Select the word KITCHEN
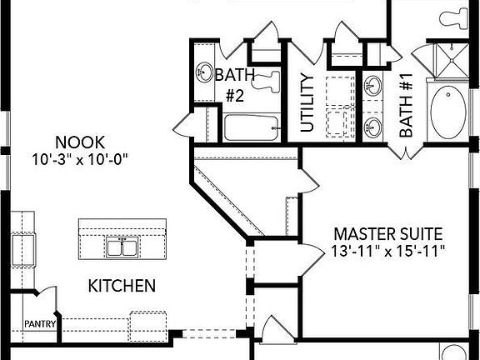pos(122,286)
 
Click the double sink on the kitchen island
pos(121,247)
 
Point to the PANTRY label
pos(38,323)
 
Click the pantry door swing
pos(48,298)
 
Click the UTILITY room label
pos(307,103)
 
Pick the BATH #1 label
pos(406,105)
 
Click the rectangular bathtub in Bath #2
pos(255,127)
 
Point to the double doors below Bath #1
pos(405,152)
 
